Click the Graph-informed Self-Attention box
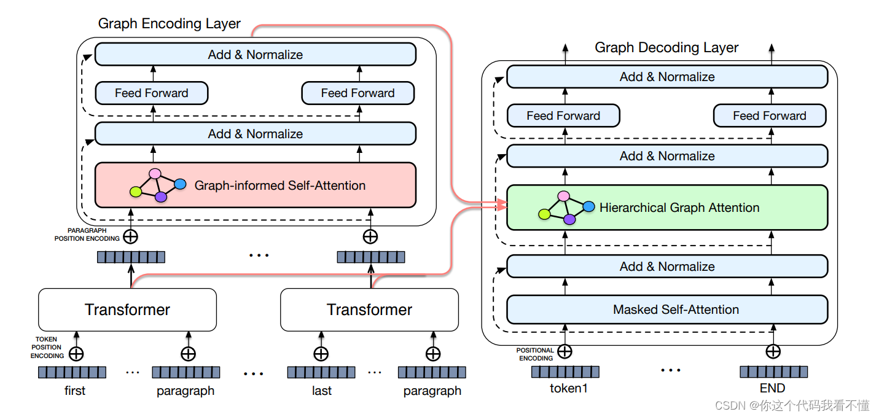coord(256,185)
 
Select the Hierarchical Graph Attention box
coord(667,208)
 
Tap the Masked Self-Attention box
coord(667,310)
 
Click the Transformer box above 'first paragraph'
coord(128,310)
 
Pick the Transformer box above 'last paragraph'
coord(369,310)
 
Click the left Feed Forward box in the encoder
coord(152,93)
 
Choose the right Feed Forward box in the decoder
coord(770,115)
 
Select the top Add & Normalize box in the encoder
coord(256,54)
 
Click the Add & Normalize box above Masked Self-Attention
coord(667,267)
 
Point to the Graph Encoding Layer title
coord(169,23)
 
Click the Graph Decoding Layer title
coord(666,47)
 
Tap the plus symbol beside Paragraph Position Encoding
coord(131,236)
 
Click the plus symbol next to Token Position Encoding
coord(76,354)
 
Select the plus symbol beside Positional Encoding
coord(565,351)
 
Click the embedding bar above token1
coord(566,372)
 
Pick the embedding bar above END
coord(774,372)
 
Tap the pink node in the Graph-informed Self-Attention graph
coord(155,173)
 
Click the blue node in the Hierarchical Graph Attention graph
coord(588,206)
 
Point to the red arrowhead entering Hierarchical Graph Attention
coord(502,205)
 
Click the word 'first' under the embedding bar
coord(74,391)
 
